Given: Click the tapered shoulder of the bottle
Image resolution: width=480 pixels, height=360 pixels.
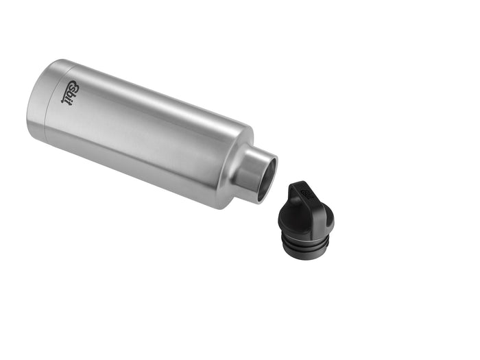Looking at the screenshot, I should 230,165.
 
